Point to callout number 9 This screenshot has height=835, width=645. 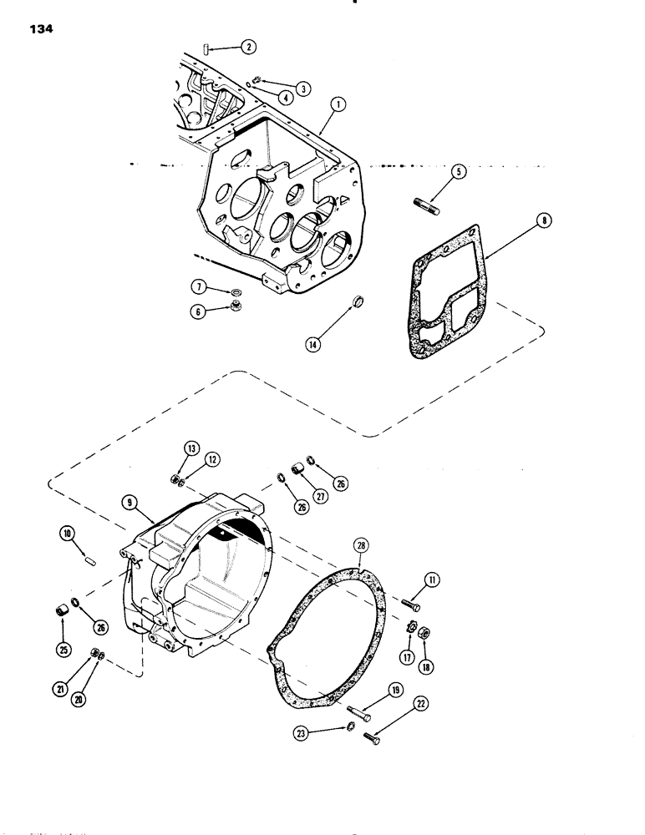[x=130, y=504]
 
